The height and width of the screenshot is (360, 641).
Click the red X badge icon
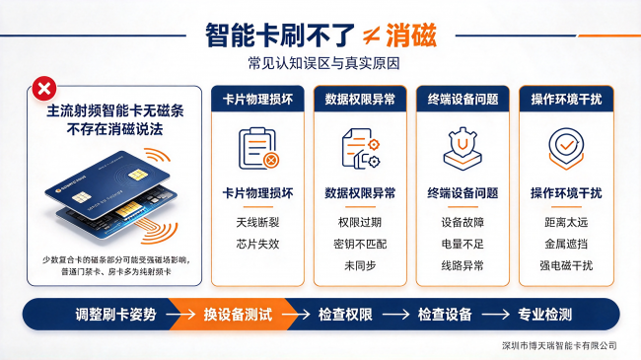tap(44, 89)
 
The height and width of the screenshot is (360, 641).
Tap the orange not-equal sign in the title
tap(372, 36)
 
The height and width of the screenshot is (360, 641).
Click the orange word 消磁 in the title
tap(411, 36)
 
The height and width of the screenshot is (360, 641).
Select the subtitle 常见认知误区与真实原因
tap(323, 63)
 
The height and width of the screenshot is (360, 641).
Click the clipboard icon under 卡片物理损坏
tap(258, 149)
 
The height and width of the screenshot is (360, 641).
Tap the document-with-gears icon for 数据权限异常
tap(361, 149)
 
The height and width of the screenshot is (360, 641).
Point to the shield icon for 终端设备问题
tap(463, 149)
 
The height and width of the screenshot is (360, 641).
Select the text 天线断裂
tap(257, 222)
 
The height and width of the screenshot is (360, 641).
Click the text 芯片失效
tap(257, 244)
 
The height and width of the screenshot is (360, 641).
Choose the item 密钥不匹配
tap(360, 244)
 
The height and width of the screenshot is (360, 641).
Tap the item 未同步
tap(360, 265)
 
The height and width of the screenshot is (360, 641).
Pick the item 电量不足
tap(463, 244)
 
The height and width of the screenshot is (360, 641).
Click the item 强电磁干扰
tap(566, 265)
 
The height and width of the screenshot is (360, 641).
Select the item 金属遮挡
tap(566, 244)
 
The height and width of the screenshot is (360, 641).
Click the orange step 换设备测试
tap(238, 315)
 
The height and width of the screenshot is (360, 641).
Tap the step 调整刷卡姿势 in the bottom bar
tap(115, 315)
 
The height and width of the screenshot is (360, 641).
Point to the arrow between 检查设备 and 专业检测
tap(495, 315)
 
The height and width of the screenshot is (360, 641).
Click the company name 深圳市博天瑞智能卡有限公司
tap(559, 345)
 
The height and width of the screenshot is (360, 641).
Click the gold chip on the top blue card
tap(138, 176)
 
